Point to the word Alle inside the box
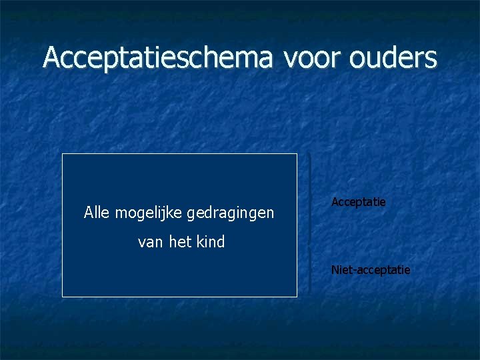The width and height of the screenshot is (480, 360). pos(97,213)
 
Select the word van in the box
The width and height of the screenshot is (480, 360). pos(149,243)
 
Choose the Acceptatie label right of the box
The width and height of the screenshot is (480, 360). pos(359,201)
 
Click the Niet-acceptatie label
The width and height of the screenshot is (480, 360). pos(371,270)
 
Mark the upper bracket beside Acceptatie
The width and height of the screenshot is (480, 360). pos(310,197)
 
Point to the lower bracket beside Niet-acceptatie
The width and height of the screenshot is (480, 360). pos(310,269)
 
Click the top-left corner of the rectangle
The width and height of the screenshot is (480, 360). pos(63,154)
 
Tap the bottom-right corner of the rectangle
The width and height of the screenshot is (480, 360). pos(297,296)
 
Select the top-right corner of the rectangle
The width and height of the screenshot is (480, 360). pos(297,154)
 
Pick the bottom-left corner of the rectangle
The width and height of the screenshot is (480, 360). pos(63,296)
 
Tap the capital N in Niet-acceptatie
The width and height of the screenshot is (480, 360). pos(335,270)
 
